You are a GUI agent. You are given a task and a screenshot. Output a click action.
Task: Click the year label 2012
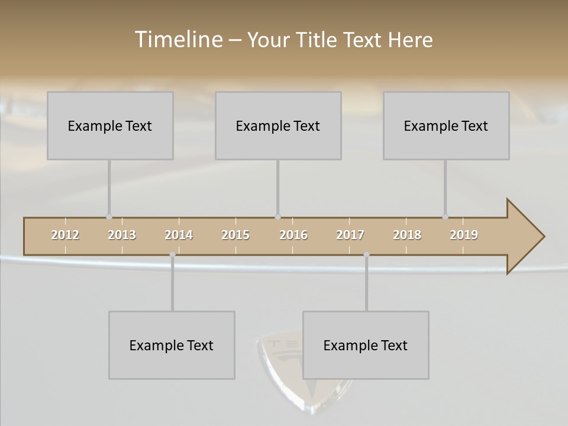[65, 235]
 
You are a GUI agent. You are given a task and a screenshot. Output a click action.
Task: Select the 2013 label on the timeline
[122, 235]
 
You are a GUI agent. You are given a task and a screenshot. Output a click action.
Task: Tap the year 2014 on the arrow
[179, 235]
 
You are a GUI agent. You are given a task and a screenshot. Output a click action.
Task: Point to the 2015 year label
[235, 235]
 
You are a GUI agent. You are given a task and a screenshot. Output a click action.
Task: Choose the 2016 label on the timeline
[293, 235]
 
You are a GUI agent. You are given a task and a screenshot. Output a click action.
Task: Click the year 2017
[350, 235]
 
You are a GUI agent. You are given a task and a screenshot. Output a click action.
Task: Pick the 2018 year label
[407, 235]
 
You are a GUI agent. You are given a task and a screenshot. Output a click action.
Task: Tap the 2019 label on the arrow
[464, 235]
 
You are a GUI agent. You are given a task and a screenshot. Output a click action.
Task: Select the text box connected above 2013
[110, 125]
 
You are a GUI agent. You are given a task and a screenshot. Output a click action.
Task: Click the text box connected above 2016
[278, 125]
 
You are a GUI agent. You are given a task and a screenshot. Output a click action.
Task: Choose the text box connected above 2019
[446, 125]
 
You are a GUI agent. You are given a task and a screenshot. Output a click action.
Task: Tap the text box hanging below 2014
[172, 345]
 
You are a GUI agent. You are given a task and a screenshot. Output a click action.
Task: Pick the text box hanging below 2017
[366, 345]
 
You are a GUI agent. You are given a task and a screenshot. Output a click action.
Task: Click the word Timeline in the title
[177, 40]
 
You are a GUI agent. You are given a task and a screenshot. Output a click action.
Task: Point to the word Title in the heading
[317, 40]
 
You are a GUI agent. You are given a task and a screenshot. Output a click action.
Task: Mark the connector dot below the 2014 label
[172, 254]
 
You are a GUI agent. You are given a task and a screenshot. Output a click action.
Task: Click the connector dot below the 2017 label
[366, 254]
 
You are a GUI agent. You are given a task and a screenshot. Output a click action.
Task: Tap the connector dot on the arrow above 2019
[445, 217]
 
